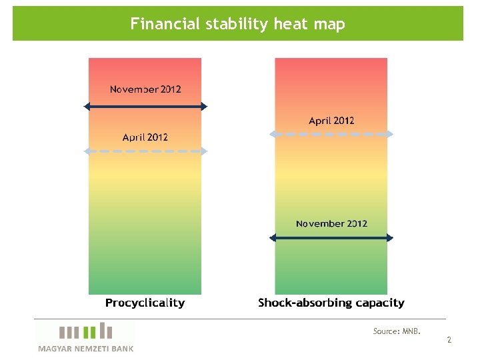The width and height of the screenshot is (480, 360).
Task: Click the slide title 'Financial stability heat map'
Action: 237,25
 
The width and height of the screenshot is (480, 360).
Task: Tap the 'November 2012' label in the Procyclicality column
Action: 145,89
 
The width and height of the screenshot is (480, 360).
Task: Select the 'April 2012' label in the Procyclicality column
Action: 145,137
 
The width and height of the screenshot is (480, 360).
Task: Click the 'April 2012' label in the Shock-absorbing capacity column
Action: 331,121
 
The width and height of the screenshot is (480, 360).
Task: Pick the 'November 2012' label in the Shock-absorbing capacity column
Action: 331,224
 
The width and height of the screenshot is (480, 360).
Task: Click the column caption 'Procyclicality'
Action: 145,303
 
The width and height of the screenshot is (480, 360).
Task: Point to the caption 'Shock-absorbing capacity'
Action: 331,303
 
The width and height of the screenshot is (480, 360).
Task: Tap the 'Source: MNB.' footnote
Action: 397,331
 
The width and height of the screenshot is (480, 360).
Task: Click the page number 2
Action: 449,340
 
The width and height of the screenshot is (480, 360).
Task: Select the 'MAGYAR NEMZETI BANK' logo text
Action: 85,348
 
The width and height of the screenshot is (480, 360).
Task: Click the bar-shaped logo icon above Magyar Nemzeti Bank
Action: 85,331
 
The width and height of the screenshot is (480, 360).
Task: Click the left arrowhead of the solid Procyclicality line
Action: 87,106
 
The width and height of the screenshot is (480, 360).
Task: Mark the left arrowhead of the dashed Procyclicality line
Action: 87,151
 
